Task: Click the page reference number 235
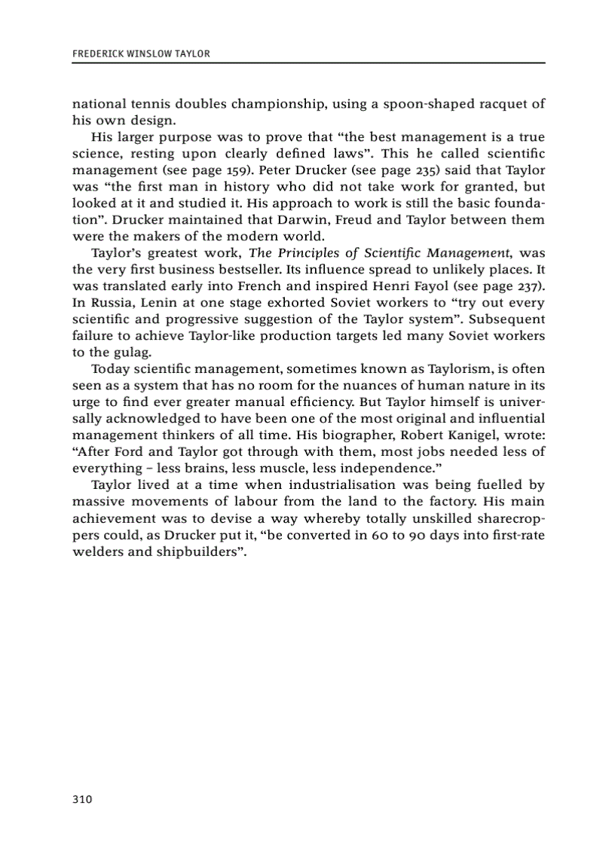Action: tap(430, 170)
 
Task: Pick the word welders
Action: tap(96, 551)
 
